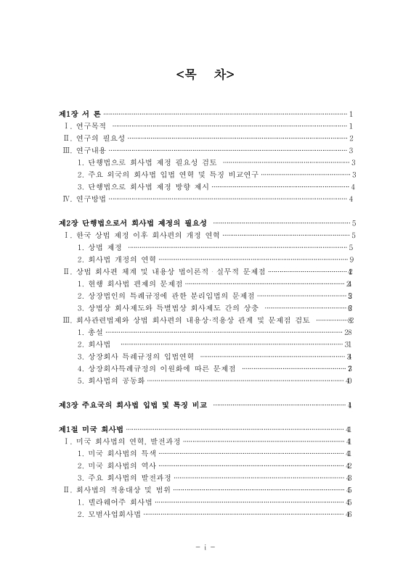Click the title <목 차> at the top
click(205, 74)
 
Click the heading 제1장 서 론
click(80, 114)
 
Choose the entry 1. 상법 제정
click(99, 247)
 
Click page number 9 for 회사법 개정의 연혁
click(351, 259)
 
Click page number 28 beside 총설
click(348, 331)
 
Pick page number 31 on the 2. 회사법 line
click(348, 344)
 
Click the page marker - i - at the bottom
click(205, 546)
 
